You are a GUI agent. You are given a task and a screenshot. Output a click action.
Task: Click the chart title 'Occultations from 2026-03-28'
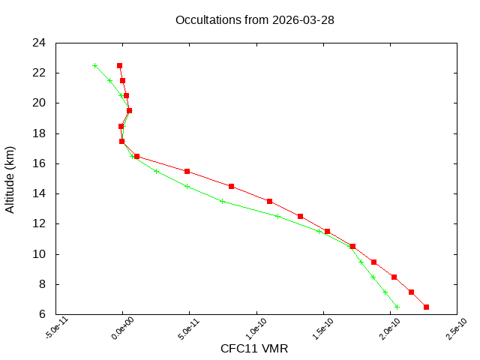pyautogui.click(x=254, y=19)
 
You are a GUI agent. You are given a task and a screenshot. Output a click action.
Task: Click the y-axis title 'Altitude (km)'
pyautogui.click(x=10, y=178)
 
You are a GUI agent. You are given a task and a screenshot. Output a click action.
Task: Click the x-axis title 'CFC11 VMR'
pyautogui.click(x=254, y=348)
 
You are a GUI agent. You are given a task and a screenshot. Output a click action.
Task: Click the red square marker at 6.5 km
pyautogui.click(x=427, y=307)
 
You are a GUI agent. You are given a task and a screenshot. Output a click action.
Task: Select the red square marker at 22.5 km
pyautogui.click(x=119, y=65)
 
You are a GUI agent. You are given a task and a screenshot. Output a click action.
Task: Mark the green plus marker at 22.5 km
pyautogui.click(x=94, y=65)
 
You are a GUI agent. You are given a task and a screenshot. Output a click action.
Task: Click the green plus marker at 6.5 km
pyautogui.click(x=397, y=307)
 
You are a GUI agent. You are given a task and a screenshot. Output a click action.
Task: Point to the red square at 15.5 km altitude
pyautogui.click(x=187, y=171)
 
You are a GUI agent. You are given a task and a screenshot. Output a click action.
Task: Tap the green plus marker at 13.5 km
pyautogui.click(x=222, y=201)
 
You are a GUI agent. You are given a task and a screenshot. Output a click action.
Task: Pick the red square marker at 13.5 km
pyautogui.click(x=269, y=201)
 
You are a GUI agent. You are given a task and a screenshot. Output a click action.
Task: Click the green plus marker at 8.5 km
pyautogui.click(x=373, y=277)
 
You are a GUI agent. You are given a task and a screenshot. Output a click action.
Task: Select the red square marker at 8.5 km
pyautogui.click(x=394, y=277)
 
